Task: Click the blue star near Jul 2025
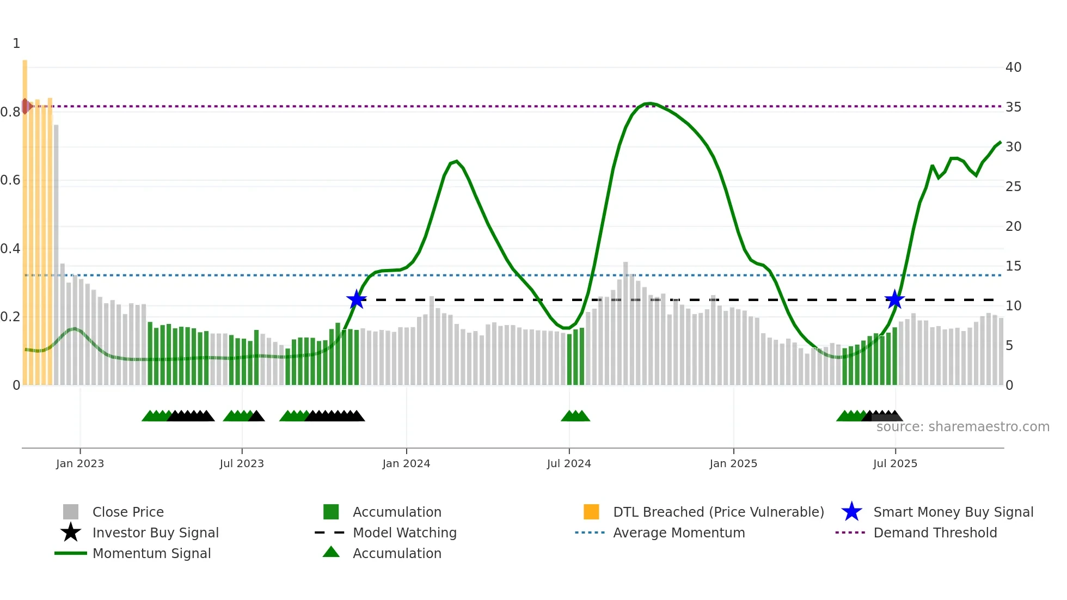point(894,299)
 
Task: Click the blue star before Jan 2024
point(357,299)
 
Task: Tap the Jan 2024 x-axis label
point(406,463)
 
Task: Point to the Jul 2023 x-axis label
point(242,463)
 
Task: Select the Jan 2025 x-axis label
point(733,463)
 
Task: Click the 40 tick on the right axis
point(1013,68)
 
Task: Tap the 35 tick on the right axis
point(1013,107)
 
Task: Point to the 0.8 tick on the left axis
point(10,112)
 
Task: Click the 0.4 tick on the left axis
point(10,249)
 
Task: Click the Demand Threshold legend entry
point(935,533)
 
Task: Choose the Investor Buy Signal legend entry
point(155,533)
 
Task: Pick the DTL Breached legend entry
point(718,512)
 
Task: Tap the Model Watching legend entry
point(404,533)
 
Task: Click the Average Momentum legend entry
point(679,533)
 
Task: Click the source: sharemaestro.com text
point(962,427)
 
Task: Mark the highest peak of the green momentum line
point(649,103)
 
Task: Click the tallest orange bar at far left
point(25,218)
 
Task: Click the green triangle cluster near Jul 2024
point(575,416)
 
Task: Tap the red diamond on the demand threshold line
point(26,106)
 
